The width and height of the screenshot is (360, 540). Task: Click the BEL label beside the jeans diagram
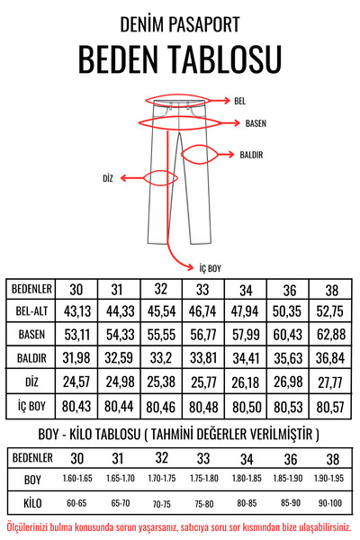(x=239, y=101)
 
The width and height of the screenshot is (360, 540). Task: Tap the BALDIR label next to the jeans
(x=251, y=155)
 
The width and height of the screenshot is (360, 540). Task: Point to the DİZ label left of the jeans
(x=108, y=178)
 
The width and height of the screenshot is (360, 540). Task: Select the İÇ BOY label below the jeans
(x=210, y=268)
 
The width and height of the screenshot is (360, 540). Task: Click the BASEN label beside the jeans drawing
(x=256, y=123)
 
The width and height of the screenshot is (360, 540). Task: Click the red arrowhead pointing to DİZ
(x=124, y=178)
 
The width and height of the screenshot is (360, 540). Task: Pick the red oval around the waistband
(x=175, y=101)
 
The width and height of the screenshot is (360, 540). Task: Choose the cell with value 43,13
(x=77, y=311)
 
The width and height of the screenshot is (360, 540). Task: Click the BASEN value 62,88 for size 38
(x=330, y=335)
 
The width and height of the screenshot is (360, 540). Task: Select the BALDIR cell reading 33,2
(x=160, y=358)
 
